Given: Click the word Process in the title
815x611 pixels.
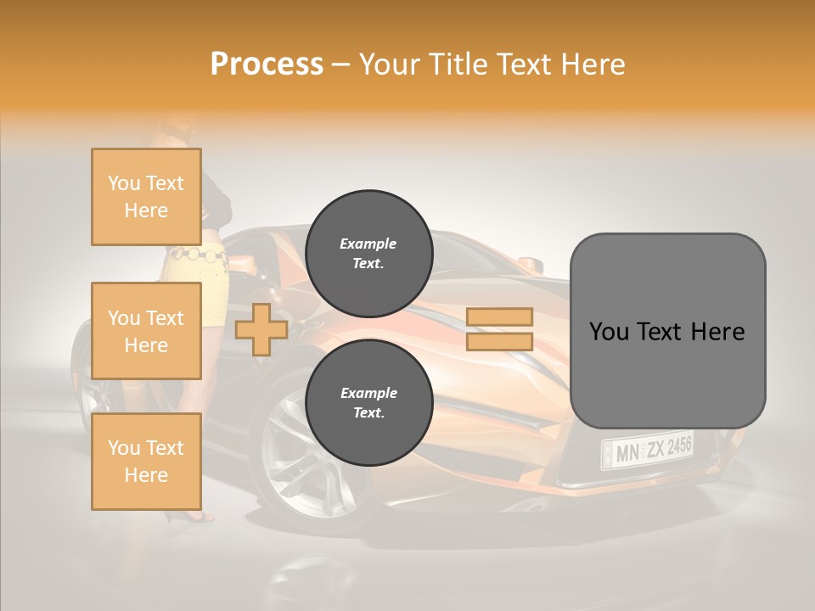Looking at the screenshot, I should point(267,64).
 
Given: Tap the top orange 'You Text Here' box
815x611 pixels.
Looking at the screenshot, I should point(146,197).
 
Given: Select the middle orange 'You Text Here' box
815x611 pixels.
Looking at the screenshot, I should point(146,331).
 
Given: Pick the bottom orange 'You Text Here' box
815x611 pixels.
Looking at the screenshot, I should point(146,461).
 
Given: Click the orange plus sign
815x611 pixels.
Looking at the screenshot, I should point(261,330).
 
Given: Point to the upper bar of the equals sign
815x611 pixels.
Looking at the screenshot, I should point(500,317).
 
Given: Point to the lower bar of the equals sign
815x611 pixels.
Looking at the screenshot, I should point(500,342).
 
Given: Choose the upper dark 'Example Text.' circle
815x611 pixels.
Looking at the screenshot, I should point(369,254).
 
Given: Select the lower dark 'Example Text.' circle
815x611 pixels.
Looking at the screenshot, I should point(369,403).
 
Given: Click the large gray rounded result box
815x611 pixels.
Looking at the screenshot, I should point(667,331).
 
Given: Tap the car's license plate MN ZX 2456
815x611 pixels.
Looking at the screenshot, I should point(647,450).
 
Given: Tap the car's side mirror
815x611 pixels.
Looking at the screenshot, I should point(531,265).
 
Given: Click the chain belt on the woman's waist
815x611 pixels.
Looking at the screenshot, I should point(197,253).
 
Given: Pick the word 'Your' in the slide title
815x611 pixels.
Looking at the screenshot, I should point(391,64).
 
